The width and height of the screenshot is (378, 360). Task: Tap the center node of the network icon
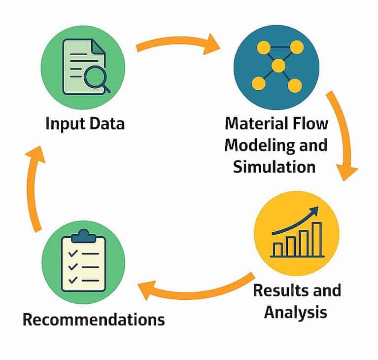tap(278, 66)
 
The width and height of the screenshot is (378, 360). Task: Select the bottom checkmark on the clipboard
tap(72, 280)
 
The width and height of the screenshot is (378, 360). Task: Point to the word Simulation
tap(274, 166)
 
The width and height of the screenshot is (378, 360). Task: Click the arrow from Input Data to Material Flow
tap(177, 43)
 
